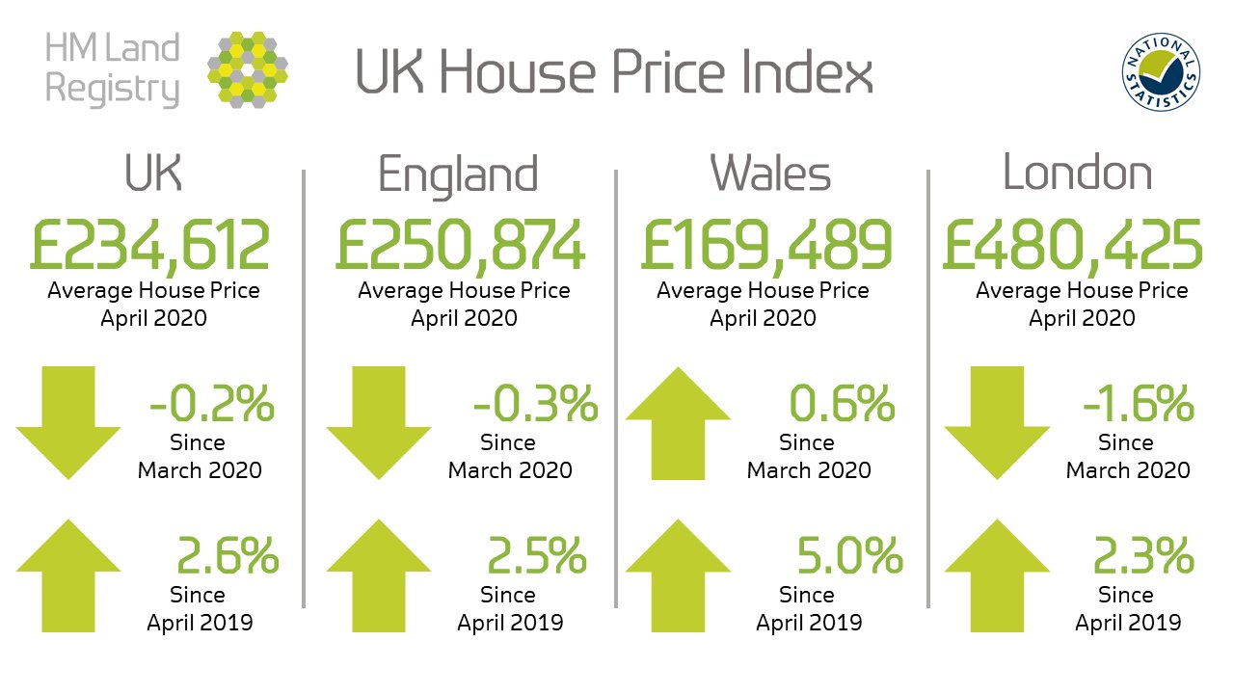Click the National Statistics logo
pos(1161,74)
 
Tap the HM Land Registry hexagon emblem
pos(248,67)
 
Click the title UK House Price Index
pos(614,73)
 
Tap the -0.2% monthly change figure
pos(212,405)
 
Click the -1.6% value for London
pos(1139,405)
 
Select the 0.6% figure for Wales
pos(842,405)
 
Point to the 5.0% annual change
pos(849,556)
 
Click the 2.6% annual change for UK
pos(228,556)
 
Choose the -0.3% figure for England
pos(535,405)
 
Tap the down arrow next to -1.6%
pos(996,422)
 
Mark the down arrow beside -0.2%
pos(68,422)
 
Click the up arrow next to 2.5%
pos(379,574)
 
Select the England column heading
pos(458,174)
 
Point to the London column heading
pos(1077,173)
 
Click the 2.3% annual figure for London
pos(1143,556)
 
